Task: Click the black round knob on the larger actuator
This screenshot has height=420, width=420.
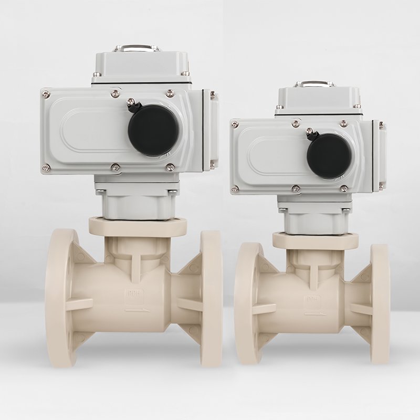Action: [x=153, y=130]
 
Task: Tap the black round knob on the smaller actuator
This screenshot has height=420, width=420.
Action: [x=329, y=155]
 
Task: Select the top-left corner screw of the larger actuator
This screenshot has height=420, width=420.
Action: [x=46, y=94]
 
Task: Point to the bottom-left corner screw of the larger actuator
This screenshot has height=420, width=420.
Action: [x=46, y=168]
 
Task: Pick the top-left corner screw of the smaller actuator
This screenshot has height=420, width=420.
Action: [x=235, y=125]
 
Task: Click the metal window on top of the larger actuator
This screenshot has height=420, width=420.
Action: [x=137, y=48]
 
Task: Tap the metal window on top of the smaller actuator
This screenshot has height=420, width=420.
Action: [x=314, y=83]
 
